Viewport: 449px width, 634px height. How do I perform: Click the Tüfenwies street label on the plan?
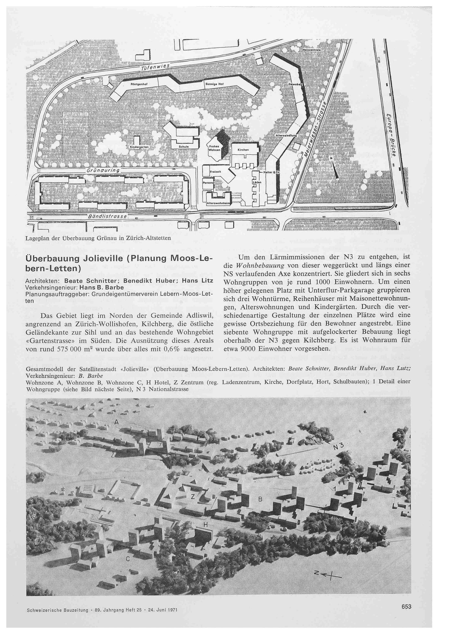point(155,67)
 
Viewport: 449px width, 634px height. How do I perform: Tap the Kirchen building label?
point(243,150)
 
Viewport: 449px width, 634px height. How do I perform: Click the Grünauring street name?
point(102,171)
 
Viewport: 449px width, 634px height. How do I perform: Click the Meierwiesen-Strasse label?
point(314,130)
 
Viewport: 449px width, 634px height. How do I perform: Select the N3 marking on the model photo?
point(339,447)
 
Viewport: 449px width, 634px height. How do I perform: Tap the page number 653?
point(406,607)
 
